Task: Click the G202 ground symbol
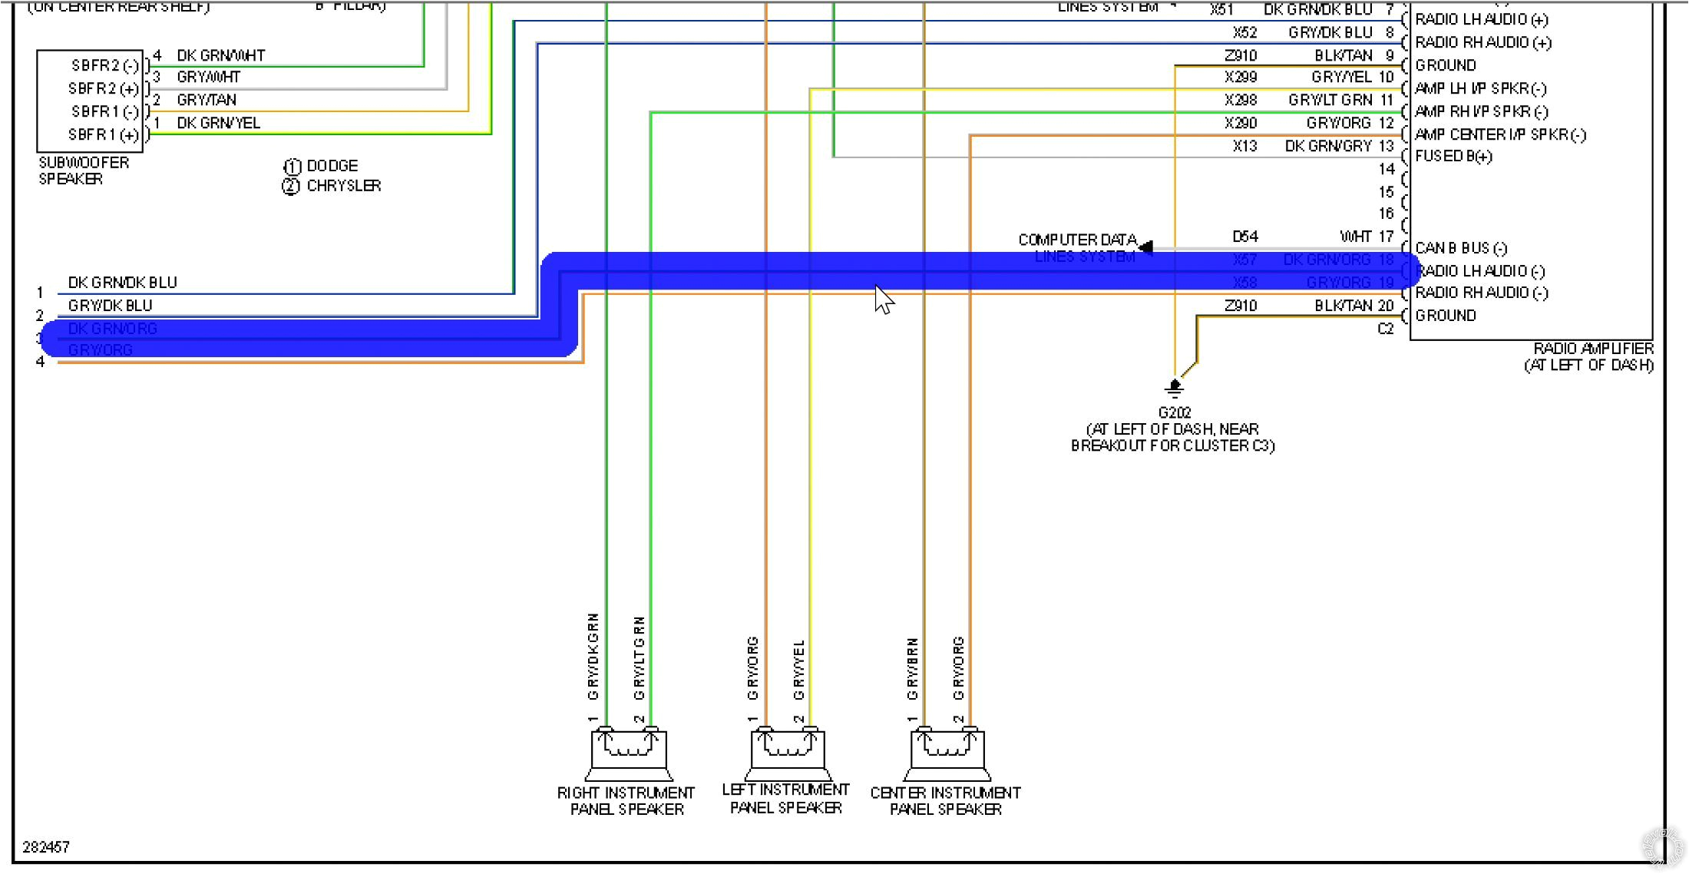(x=1174, y=387)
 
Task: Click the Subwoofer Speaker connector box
(x=90, y=101)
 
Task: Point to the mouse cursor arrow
(x=883, y=299)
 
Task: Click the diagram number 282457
(x=46, y=847)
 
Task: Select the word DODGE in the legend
(x=332, y=166)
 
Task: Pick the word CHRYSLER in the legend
(x=343, y=186)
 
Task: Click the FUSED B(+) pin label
(x=1453, y=157)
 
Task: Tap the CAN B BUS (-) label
(x=1460, y=248)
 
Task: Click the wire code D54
(x=1244, y=237)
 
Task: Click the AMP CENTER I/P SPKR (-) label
(x=1499, y=135)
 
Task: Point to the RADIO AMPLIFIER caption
(x=1593, y=349)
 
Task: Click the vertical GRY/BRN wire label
(x=912, y=668)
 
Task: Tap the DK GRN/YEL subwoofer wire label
(x=218, y=123)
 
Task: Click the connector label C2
(x=1385, y=329)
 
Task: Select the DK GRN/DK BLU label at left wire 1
(x=122, y=283)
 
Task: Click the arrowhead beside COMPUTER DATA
(x=1145, y=247)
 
